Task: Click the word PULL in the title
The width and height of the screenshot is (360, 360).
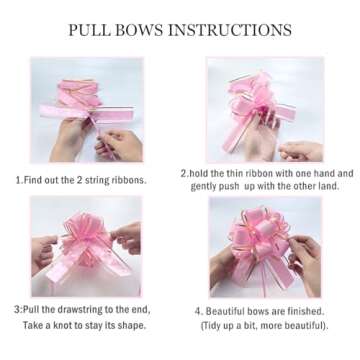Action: (x=92, y=29)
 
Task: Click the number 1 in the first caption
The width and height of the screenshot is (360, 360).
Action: (x=17, y=180)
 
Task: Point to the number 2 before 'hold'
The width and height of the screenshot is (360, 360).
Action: (x=183, y=173)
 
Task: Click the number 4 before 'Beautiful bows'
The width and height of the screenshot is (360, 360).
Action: (x=198, y=311)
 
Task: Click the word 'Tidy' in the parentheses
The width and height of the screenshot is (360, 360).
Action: (x=211, y=326)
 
